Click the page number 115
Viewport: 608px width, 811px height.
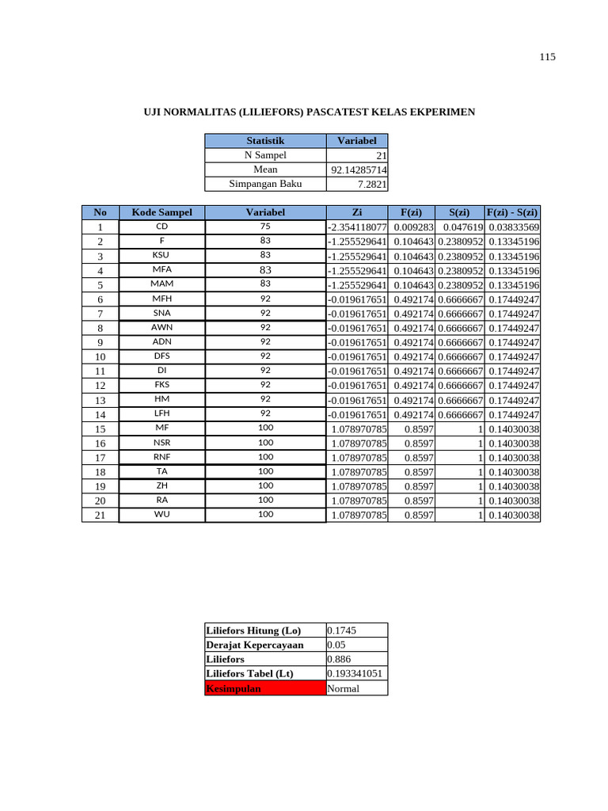coord(548,57)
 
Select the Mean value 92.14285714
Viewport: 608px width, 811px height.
coord(359,170)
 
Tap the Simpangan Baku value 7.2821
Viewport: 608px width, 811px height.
coord(371,185)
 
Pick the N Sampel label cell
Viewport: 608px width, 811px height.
coord(265,155)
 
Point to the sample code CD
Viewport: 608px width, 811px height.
coord(161,227)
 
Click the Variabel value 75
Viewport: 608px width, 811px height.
coord(265,227)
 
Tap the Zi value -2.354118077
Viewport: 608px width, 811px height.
coord(357,227)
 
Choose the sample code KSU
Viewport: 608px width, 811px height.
coord(161,256)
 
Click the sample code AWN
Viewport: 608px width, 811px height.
coord(161,327)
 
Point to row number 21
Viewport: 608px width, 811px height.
coord(101,516)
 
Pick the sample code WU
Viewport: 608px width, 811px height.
coord(161,515)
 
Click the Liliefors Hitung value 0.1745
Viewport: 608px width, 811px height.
coord(341,630)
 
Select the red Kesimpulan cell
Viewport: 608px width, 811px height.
coord(264,688)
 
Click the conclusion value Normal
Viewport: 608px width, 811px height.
coord(343,688)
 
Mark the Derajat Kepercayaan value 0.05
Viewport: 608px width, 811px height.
coord(336,645)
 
